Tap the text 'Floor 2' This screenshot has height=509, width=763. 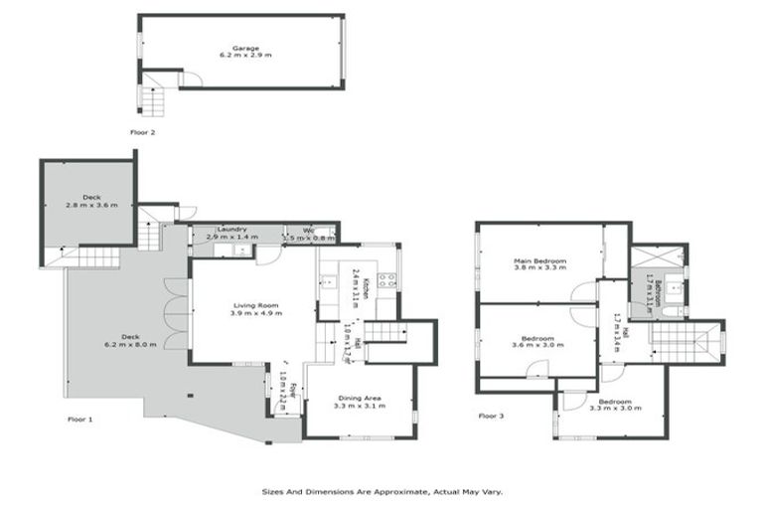(143, 131)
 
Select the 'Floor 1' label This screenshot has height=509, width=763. (78, 420)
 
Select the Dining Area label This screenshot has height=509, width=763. (359, 399)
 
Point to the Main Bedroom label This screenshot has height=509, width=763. (539, 261)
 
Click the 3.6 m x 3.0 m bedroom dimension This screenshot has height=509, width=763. (537, 345)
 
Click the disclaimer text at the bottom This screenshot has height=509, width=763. (382, 491)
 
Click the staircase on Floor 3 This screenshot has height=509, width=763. (685, 343)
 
